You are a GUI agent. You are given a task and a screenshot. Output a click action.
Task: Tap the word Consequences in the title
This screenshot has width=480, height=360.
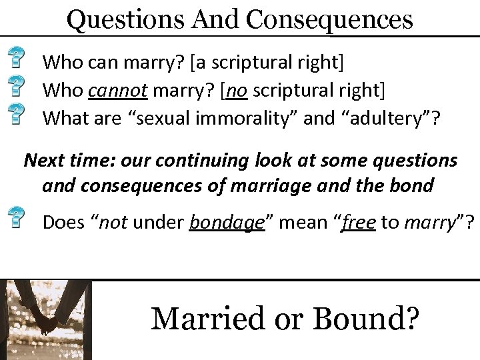pos(330,19)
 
